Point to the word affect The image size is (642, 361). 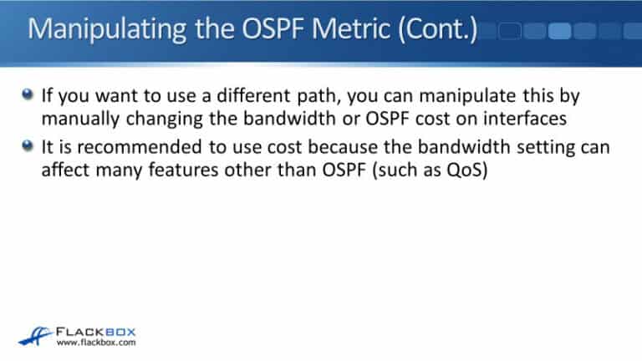pos(66,170)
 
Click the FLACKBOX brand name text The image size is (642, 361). pos(99,328)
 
